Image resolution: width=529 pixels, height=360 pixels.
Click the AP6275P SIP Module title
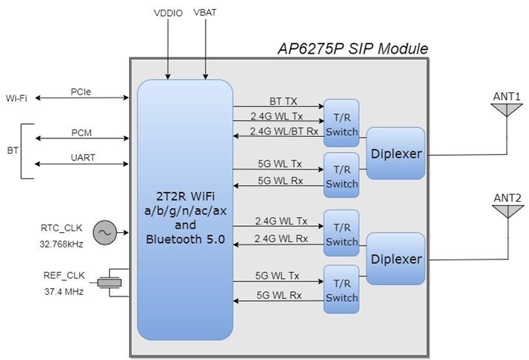coord(352,49)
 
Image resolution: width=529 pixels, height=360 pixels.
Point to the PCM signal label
coord(82,132)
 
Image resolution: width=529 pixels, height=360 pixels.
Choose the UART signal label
coord(82,158)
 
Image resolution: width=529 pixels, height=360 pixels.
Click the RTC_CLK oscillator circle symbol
coord(104,232)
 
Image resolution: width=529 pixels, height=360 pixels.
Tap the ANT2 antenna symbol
coord(506,214)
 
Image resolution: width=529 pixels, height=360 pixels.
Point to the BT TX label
coord(283,100)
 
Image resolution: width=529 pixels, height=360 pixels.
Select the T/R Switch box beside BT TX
coord(342,123)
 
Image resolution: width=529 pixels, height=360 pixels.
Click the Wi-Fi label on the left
coord(18,98)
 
